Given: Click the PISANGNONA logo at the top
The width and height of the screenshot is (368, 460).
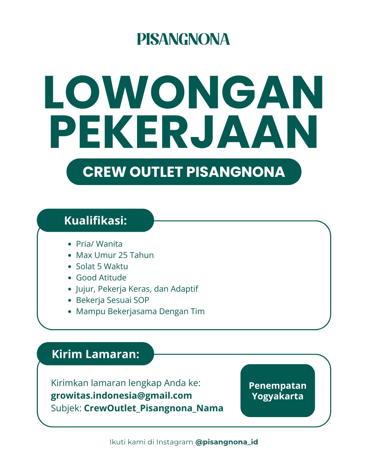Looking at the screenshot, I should click(x=183, y=39).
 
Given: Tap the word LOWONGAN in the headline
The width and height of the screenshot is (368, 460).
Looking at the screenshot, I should click(x=184, y=93).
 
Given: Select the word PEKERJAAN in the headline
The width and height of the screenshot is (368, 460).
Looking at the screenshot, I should click(x=184, y=132).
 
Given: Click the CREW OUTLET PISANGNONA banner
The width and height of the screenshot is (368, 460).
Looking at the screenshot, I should click(x=184, y=172).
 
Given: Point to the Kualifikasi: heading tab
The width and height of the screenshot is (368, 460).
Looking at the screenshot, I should click(x=95, y=220).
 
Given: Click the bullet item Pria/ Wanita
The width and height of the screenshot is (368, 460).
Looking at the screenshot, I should click(x=99, y=244).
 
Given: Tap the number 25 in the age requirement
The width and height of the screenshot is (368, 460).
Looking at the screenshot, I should click(x=123, y=255).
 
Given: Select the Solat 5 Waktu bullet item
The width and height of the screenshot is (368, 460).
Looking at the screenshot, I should click(x=102, y=266).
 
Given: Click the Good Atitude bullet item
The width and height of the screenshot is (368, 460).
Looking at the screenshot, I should click(x=101, y=278).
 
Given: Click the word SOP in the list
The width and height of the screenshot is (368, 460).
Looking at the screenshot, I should click(x=141, y=300).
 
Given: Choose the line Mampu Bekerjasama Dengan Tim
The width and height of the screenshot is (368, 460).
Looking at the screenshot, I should click(x=140, y=311).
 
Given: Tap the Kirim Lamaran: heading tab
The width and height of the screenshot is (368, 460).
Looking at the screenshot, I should click(x=95, y=354).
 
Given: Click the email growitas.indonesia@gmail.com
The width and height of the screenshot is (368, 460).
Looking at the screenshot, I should click(x=121, y=396).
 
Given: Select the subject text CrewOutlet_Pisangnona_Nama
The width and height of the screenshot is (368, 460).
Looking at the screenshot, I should click(x=154, y=408).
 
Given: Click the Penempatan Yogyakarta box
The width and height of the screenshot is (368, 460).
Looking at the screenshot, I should click(x=278, y=391).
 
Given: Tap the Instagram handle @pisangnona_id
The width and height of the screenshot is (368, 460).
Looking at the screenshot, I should click(x=227, y=442).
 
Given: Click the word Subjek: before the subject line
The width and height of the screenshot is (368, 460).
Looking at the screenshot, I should click(x=66, y=408).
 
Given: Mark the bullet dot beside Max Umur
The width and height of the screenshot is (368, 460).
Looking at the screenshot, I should click(x=70, y=255).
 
